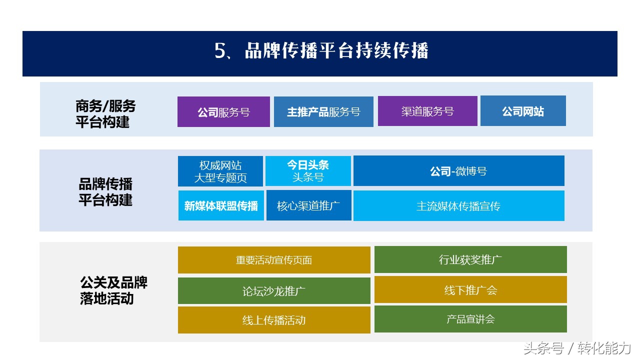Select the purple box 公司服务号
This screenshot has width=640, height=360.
(223, 112)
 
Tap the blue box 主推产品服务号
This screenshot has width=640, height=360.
(323, 112)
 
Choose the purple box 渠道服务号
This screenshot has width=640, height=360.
(427, 111)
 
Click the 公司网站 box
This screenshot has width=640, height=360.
(523, 111)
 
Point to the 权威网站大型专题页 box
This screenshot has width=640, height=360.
(220, 171)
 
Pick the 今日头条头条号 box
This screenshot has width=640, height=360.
(308, 171)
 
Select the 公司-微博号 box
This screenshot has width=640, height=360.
(458, 171)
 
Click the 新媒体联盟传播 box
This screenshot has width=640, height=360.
(221, 205)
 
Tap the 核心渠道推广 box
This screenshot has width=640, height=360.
(308, 205)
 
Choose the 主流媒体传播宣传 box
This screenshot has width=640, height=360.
(458, 205)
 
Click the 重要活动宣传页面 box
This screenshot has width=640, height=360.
(274, 260)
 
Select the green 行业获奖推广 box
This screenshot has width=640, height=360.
(470, 259)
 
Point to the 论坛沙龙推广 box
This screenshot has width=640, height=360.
(274, 291)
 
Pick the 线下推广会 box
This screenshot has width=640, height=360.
(470, 290)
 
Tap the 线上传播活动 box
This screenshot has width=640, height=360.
(274, 320)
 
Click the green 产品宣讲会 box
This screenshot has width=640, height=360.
(470, 319)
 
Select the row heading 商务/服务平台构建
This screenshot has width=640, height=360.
(105, 113)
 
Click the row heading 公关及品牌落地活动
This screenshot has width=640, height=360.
(113, 290)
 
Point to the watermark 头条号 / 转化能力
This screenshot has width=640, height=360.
(577, 348)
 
